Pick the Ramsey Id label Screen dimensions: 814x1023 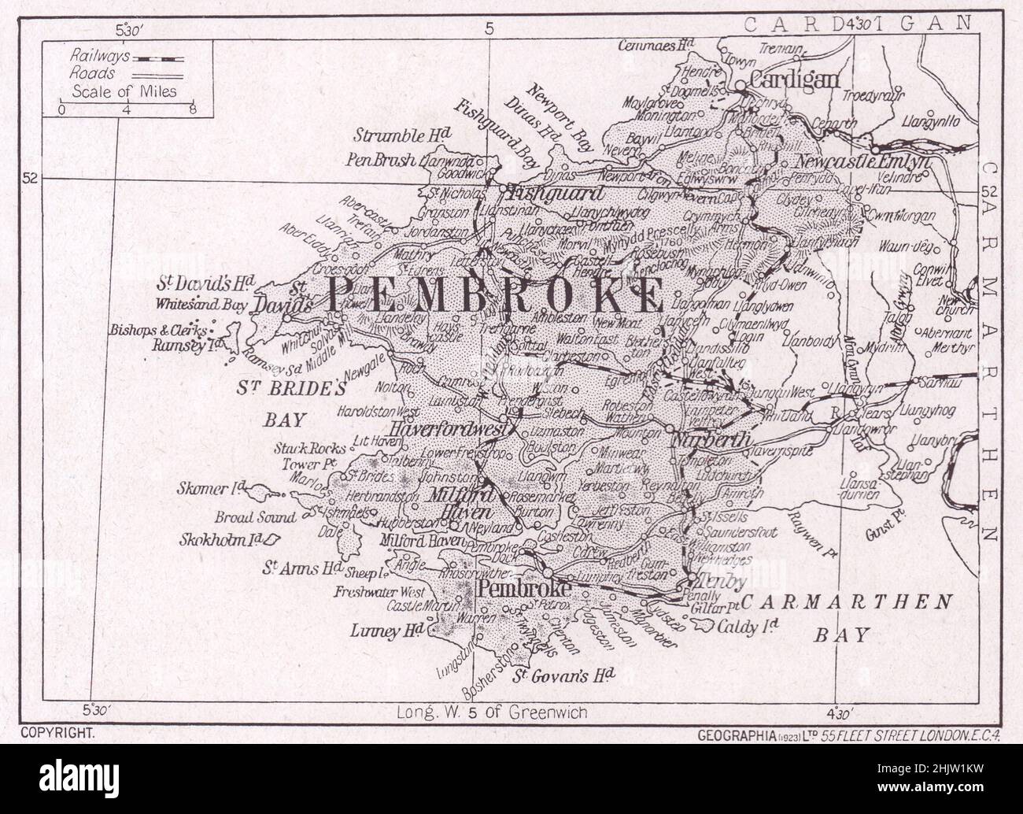[184, 344]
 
